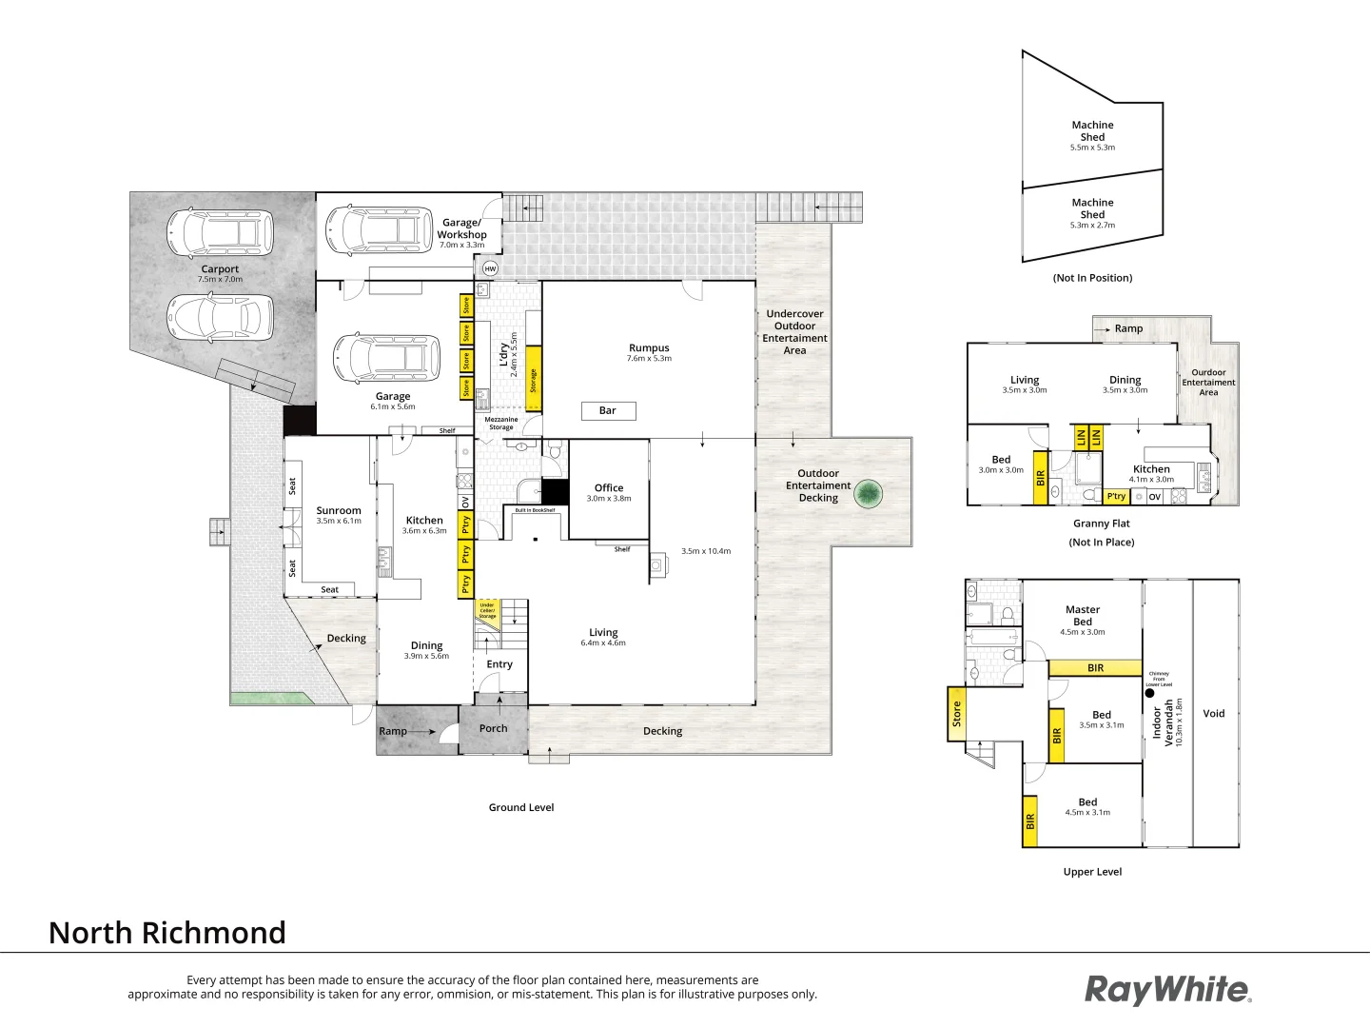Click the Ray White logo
[x=1167, y=989]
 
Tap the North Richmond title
[x=167, y=933]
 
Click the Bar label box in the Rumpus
[x=608, y=410]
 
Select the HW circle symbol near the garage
[x=490, y=268]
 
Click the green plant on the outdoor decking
[x=868, y=493]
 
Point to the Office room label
[x=609, y=488]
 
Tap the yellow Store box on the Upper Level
[x=956, y=714]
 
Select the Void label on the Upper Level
[x=1214, y=713]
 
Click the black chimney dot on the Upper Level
[x=1149, y=694]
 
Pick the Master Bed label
[x=1083, y=615]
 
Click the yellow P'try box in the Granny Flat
[x=1116, y=496]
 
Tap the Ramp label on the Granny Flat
[x=1128, y=328]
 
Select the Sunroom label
[x=339, y=511]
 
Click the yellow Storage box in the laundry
[x=533, y=379]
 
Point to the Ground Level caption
[x=521, y=807]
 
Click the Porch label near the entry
[x=493, y=728]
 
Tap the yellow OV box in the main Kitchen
[x=465, y=503]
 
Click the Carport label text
[x=220, y=269]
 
